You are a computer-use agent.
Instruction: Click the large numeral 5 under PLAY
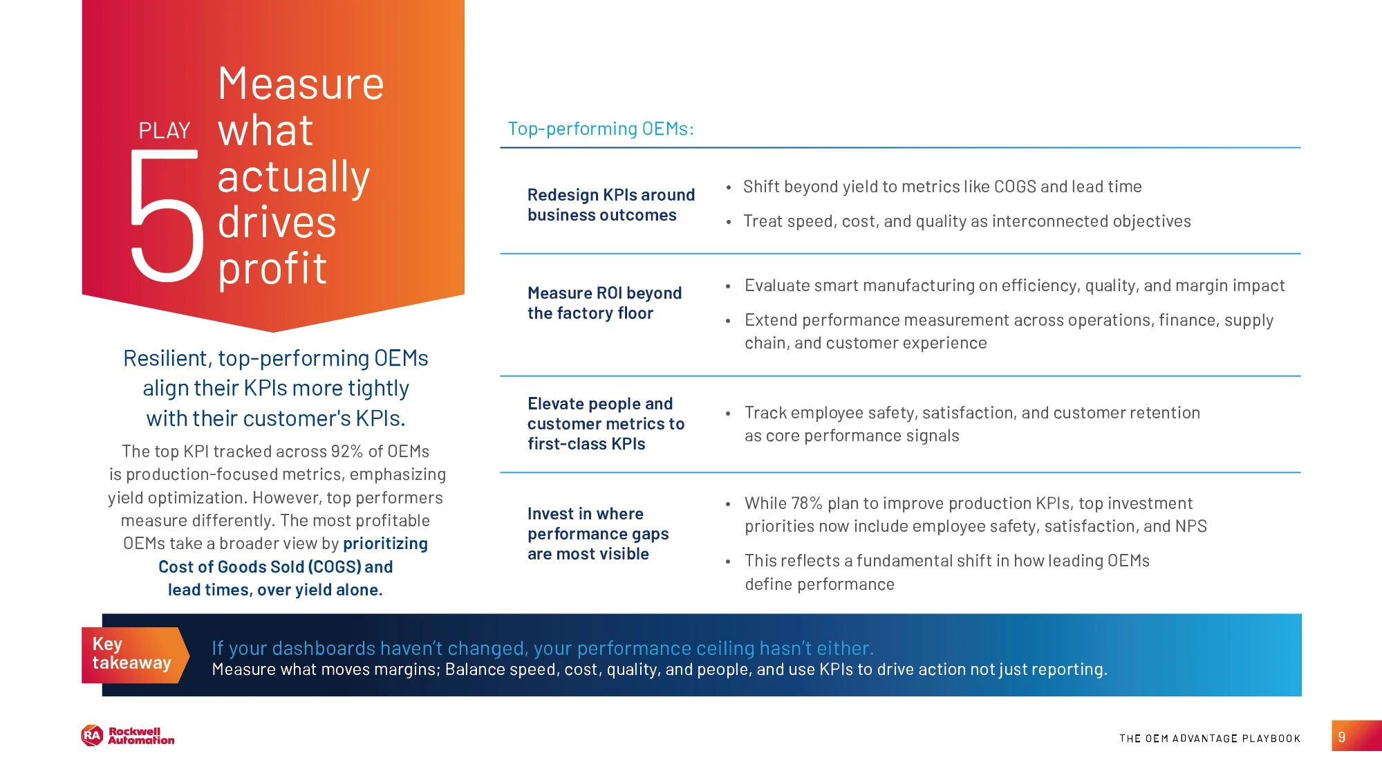167,216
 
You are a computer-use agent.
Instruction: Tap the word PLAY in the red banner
164,131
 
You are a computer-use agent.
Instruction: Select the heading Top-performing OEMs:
600,129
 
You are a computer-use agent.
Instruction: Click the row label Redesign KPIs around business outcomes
610,205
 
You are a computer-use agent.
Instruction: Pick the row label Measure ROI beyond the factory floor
604,303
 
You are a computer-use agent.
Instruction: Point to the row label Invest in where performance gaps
597,533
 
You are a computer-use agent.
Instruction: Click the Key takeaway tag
132,654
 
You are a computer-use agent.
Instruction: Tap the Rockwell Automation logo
128,736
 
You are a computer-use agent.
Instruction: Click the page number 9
1342,737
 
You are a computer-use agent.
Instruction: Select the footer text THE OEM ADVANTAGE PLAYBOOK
1209,739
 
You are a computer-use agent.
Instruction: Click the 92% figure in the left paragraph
346,452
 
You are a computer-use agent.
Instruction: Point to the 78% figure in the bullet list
807,503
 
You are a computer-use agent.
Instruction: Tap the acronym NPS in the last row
1190,526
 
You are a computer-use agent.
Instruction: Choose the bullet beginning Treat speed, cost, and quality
967,221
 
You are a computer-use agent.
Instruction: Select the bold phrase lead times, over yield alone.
275,590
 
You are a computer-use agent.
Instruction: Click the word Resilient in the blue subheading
166,358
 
